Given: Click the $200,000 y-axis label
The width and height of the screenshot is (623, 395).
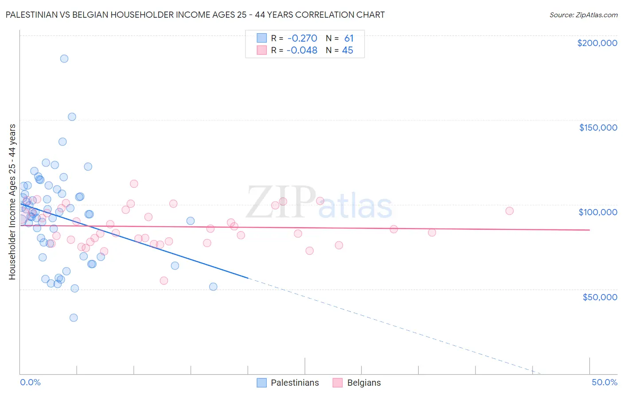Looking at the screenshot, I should [x=597, y=43].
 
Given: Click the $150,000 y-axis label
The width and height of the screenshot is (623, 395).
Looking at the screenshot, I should [x=598, y=128].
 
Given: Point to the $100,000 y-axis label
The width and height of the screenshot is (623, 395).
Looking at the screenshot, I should [x=598, y=212].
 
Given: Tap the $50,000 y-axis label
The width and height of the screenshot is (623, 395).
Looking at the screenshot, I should [x=600, y=297].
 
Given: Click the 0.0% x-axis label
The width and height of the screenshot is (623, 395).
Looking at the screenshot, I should [x=30, y=382].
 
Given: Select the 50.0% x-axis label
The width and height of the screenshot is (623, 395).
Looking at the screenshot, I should [x=604, y=382].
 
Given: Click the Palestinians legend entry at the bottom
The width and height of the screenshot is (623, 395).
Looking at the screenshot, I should [x=295, y=383].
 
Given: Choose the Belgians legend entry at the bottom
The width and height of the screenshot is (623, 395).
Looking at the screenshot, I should [x=364, y=383].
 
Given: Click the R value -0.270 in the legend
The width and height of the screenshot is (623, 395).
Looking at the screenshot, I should [x=302, y=38].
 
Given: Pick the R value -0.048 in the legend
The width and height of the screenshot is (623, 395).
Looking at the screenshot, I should [x=302, y=50].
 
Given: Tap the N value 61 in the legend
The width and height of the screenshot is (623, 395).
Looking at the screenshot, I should [x=349, y=38].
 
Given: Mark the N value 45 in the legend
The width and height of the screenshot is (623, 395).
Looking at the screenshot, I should [x=347, y=50].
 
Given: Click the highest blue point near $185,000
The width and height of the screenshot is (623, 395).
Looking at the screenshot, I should [x=64, y=58].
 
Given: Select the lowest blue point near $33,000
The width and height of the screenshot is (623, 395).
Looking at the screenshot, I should [x=74, y=318].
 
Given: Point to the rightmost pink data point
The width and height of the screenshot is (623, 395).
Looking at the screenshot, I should [x=509, y=211].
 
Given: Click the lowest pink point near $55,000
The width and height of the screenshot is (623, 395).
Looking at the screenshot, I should [x=164, y=280].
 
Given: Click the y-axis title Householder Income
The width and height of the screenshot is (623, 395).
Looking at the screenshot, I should [x=12, y=201].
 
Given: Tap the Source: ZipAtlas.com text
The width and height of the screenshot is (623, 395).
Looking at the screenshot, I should [x=583, y=15].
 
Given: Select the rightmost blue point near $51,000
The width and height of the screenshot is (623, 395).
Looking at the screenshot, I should [x=213, y=287].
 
